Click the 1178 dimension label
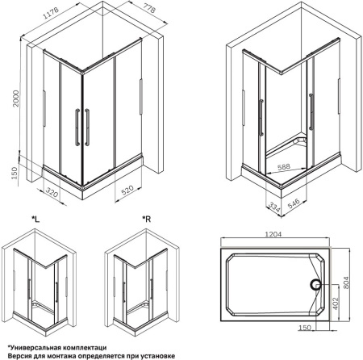(x=51, y=13)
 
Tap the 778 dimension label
(x=148, y=7)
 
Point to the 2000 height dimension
(x=16, y=98)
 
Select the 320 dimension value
(x=52, y=192)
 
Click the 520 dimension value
(x=127, y=190)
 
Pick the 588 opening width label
(x=284, y=167)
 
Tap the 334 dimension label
(x=274, y=207)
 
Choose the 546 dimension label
(x=294, y=203)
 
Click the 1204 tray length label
(x=273, y=234)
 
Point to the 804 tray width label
(x=346, y=283)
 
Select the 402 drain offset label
(x=335, y=303)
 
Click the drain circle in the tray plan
(x=316, y=284)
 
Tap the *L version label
(x=35, y=220)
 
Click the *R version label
(x=147, y=220)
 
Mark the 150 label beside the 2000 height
(x=15, y=173)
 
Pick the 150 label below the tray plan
(x=305, y=328)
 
